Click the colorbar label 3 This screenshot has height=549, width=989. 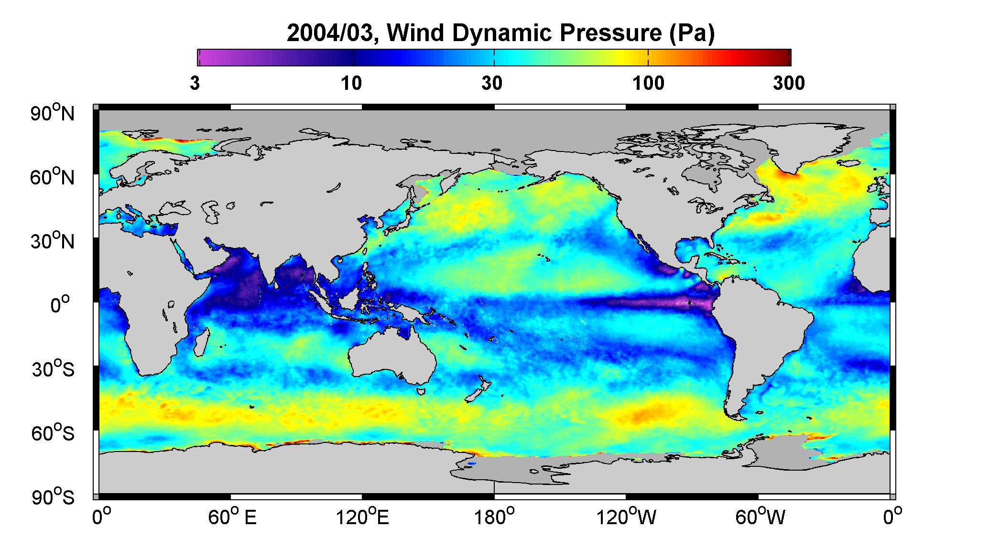195,84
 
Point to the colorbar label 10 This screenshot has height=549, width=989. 351,84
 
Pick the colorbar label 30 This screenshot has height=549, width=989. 492,84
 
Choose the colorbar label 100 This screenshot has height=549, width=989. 649,84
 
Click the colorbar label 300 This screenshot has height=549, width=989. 789,84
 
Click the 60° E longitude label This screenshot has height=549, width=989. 232,517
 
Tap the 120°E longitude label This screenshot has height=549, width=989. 363,517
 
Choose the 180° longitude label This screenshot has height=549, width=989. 494,517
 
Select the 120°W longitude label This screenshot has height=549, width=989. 627,517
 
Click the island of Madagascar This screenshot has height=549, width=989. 202,341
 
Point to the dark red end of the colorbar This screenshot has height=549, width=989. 784,57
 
